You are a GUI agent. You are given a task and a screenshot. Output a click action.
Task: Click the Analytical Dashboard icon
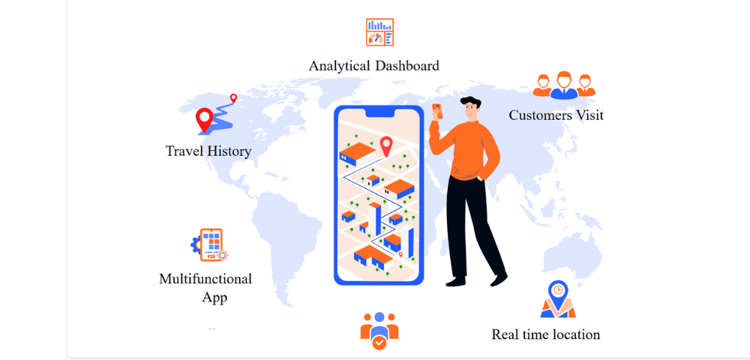click(379, 32)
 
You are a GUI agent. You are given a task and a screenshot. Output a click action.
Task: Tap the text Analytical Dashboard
click(373, 66)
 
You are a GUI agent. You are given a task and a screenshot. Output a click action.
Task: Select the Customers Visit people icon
click(564, 85)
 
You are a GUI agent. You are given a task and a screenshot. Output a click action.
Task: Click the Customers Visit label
click(556, 115)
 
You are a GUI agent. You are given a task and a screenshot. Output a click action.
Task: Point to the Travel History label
click(208, 151)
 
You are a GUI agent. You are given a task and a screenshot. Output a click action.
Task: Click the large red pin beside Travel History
click(204, 119)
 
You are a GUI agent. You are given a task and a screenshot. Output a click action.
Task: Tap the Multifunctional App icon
click(209, 244)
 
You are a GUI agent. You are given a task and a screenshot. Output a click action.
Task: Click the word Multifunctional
click(205, 279)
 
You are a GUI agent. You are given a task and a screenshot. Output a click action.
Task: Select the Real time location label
click(545, 334)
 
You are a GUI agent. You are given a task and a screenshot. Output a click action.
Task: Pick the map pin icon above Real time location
click(557, 298)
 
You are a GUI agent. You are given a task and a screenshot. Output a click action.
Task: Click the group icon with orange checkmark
click(379, 331)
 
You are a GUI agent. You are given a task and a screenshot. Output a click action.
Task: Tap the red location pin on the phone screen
click(386, 145)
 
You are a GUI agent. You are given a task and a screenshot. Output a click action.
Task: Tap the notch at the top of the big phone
click(379, 112)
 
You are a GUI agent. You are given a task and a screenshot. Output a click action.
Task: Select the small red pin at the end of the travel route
click(233, 97)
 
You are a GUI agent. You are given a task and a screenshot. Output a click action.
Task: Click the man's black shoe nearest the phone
click(455, 281)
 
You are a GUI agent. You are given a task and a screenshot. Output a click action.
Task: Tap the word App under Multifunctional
click(214, 298)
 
